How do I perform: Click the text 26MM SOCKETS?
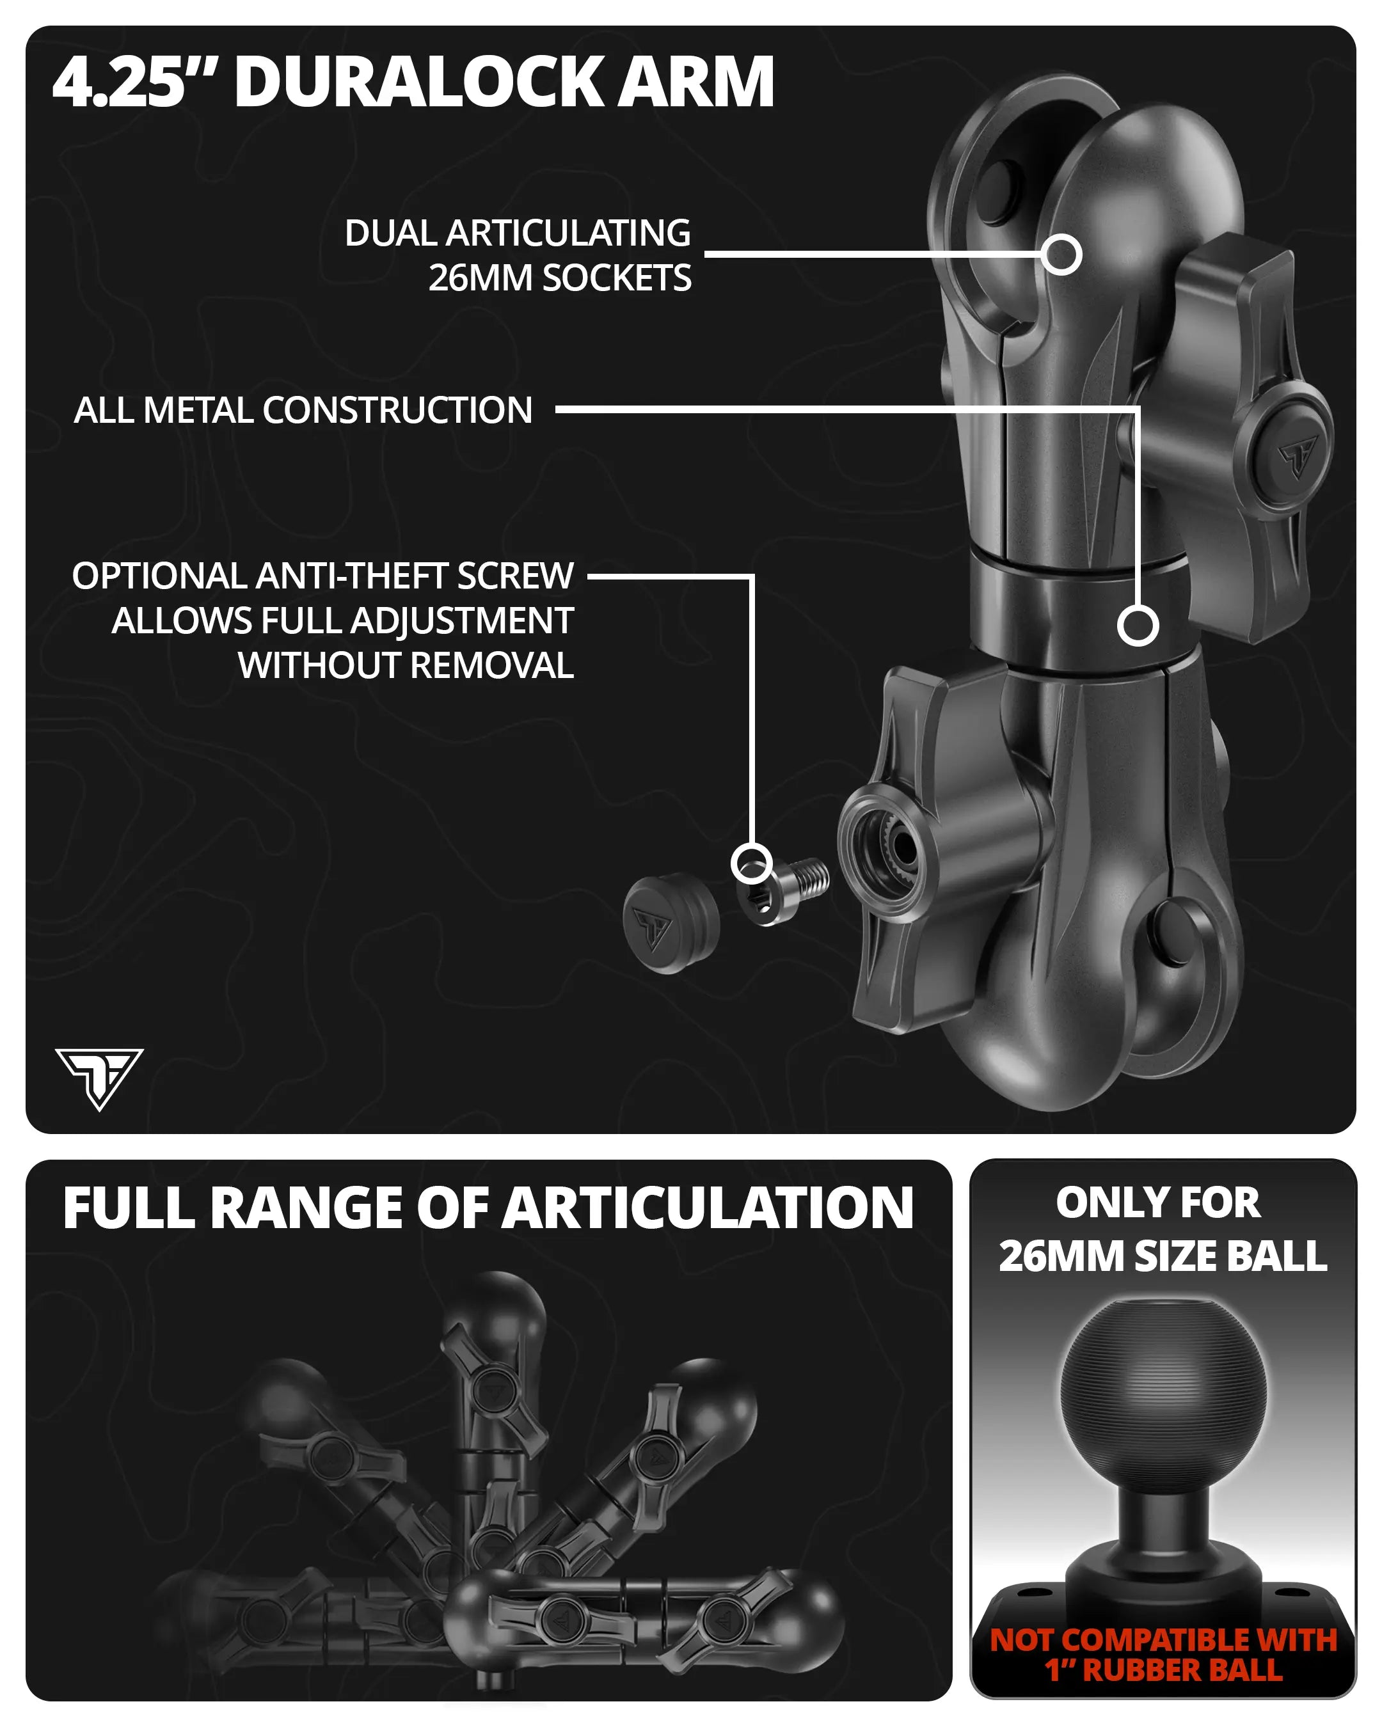(559, 278)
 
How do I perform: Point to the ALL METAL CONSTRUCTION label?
(303, 410)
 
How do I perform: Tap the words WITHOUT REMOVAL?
(406, 666)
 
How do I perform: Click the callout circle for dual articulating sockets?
(1062, 255)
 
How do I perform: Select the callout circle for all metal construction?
(1138, 626)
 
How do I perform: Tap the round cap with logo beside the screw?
(671, 923)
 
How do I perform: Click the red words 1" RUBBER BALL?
(1163, 1670)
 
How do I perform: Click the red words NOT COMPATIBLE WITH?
(1163, 1639)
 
